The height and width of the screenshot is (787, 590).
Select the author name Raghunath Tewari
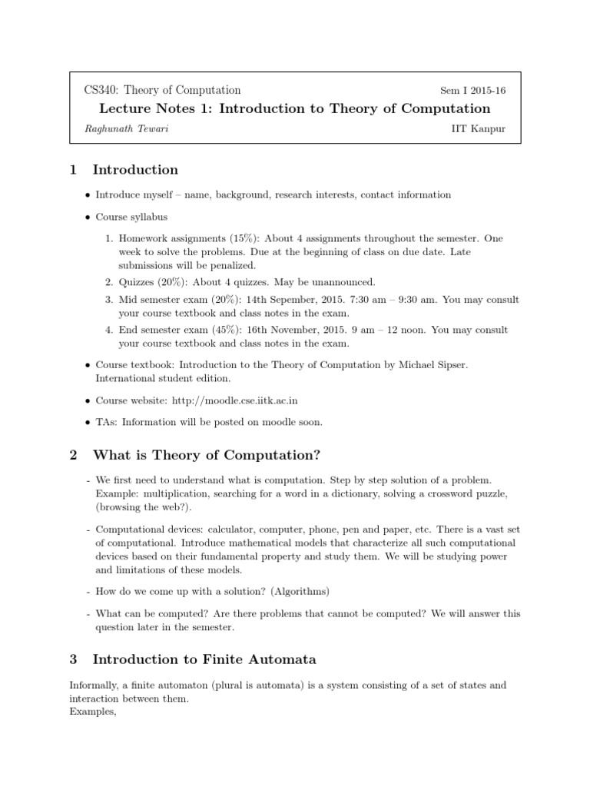127,128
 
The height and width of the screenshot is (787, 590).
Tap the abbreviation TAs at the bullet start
106,421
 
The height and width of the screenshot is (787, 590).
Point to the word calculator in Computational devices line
229,530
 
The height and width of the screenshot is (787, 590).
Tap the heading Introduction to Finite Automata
204,659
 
